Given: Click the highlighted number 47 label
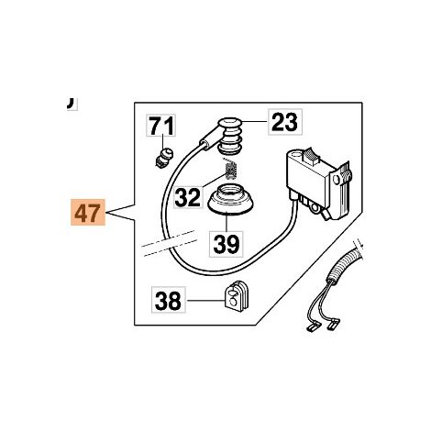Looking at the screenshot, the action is tap(88, 212).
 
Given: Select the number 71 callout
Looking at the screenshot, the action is tap(161, 126).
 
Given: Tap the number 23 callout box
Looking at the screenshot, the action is tap(285, 122).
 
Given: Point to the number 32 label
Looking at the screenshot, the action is tap(188, 196).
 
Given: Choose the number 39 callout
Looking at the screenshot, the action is tap(227, 244).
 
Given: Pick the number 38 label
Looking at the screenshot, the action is tap(169, 300).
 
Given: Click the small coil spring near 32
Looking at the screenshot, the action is tap(231, 170).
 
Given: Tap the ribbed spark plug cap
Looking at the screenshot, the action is tap(230, 136).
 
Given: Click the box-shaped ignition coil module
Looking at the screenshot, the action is tap(318, 184).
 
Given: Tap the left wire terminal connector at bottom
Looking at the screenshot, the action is tap(311, 328).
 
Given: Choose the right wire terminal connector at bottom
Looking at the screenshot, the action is tap(333, 324).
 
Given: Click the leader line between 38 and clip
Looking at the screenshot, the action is tap(205, 301).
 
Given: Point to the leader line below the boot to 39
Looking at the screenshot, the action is tap(227, 223).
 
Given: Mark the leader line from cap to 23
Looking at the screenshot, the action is tap(256, 121).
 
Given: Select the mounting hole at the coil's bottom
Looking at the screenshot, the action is tap(314, 208).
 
